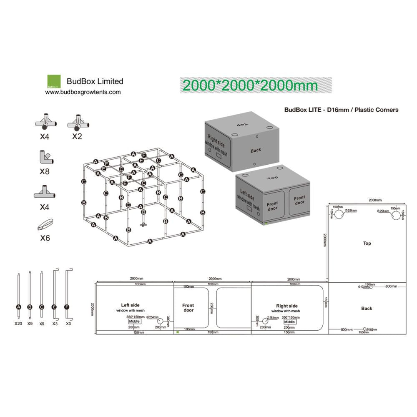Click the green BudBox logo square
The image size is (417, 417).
click(54, 81)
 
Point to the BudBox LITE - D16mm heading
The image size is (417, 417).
click(341, 110)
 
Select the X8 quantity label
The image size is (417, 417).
click(44, 171)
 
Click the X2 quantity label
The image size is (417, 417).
click(77, 136)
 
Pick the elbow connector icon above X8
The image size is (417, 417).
click(44, 157)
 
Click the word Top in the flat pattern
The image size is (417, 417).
click(367, 243)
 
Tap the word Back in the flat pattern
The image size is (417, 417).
click(367, 308)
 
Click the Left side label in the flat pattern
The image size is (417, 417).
click(131, 305)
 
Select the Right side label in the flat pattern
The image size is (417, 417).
click(287, 306)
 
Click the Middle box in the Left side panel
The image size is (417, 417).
click(134, 322)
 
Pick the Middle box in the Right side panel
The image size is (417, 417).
click(289, 322)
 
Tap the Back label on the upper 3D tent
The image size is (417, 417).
click(256, 150)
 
